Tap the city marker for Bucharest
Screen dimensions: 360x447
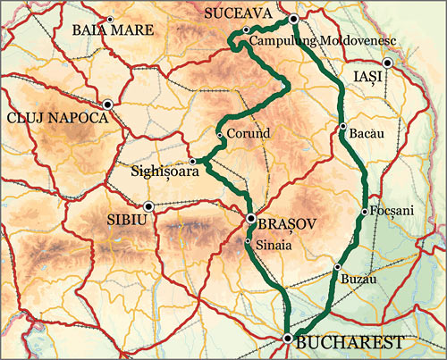(287, 338)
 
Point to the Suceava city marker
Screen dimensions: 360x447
(293, 18)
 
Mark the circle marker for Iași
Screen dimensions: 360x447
(387, 63)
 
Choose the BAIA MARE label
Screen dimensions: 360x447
(113, 29)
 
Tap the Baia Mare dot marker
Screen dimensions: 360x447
(110, 19)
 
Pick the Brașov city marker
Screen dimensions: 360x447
(251, 218)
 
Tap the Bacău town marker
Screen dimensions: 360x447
(342, 127)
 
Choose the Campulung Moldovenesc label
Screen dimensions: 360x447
(321, 41)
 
